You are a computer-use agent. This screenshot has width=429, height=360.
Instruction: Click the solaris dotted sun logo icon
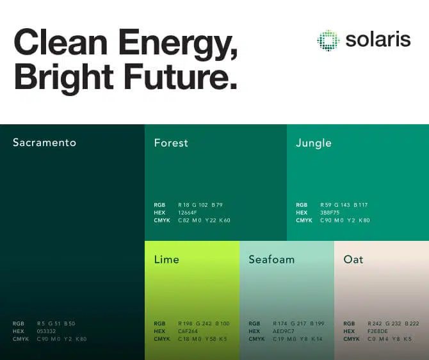[328, 40]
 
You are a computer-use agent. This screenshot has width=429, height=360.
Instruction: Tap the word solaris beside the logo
[378, 40]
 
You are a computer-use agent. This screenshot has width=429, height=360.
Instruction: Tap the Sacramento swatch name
[44, 143]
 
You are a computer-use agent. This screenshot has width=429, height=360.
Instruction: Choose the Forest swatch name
[171, 143]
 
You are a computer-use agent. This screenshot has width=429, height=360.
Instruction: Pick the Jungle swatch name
[314, 143]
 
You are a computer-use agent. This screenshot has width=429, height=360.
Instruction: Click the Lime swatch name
[166, 259]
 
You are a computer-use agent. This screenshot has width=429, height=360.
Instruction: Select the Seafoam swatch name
[271, 259]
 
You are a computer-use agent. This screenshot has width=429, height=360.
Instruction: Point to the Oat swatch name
[353, 259]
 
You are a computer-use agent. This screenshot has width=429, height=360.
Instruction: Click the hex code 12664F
[188, 213]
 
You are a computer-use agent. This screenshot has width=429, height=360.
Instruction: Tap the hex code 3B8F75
[330, 213]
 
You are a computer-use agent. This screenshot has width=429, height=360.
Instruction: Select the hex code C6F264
[188, 331]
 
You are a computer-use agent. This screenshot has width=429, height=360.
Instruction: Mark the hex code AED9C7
[284, 331]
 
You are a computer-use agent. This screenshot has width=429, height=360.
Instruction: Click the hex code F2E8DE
[378, 331]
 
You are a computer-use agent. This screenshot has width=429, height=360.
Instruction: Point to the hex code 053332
[47, 331]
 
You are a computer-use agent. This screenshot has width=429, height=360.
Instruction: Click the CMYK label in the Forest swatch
[162, 220]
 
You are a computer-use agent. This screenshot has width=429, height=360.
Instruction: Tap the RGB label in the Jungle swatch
[302, 205]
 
